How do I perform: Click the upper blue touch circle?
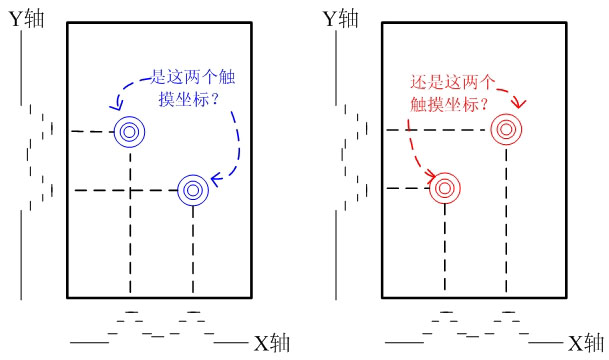coord(130,131)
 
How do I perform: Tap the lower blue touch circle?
coord(192,189)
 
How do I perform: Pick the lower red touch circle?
coord(444,188)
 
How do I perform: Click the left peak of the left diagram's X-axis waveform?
coord(130,311)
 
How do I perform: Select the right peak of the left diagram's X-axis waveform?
coord(192,311)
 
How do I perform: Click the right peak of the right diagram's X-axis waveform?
coord(508,311)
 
